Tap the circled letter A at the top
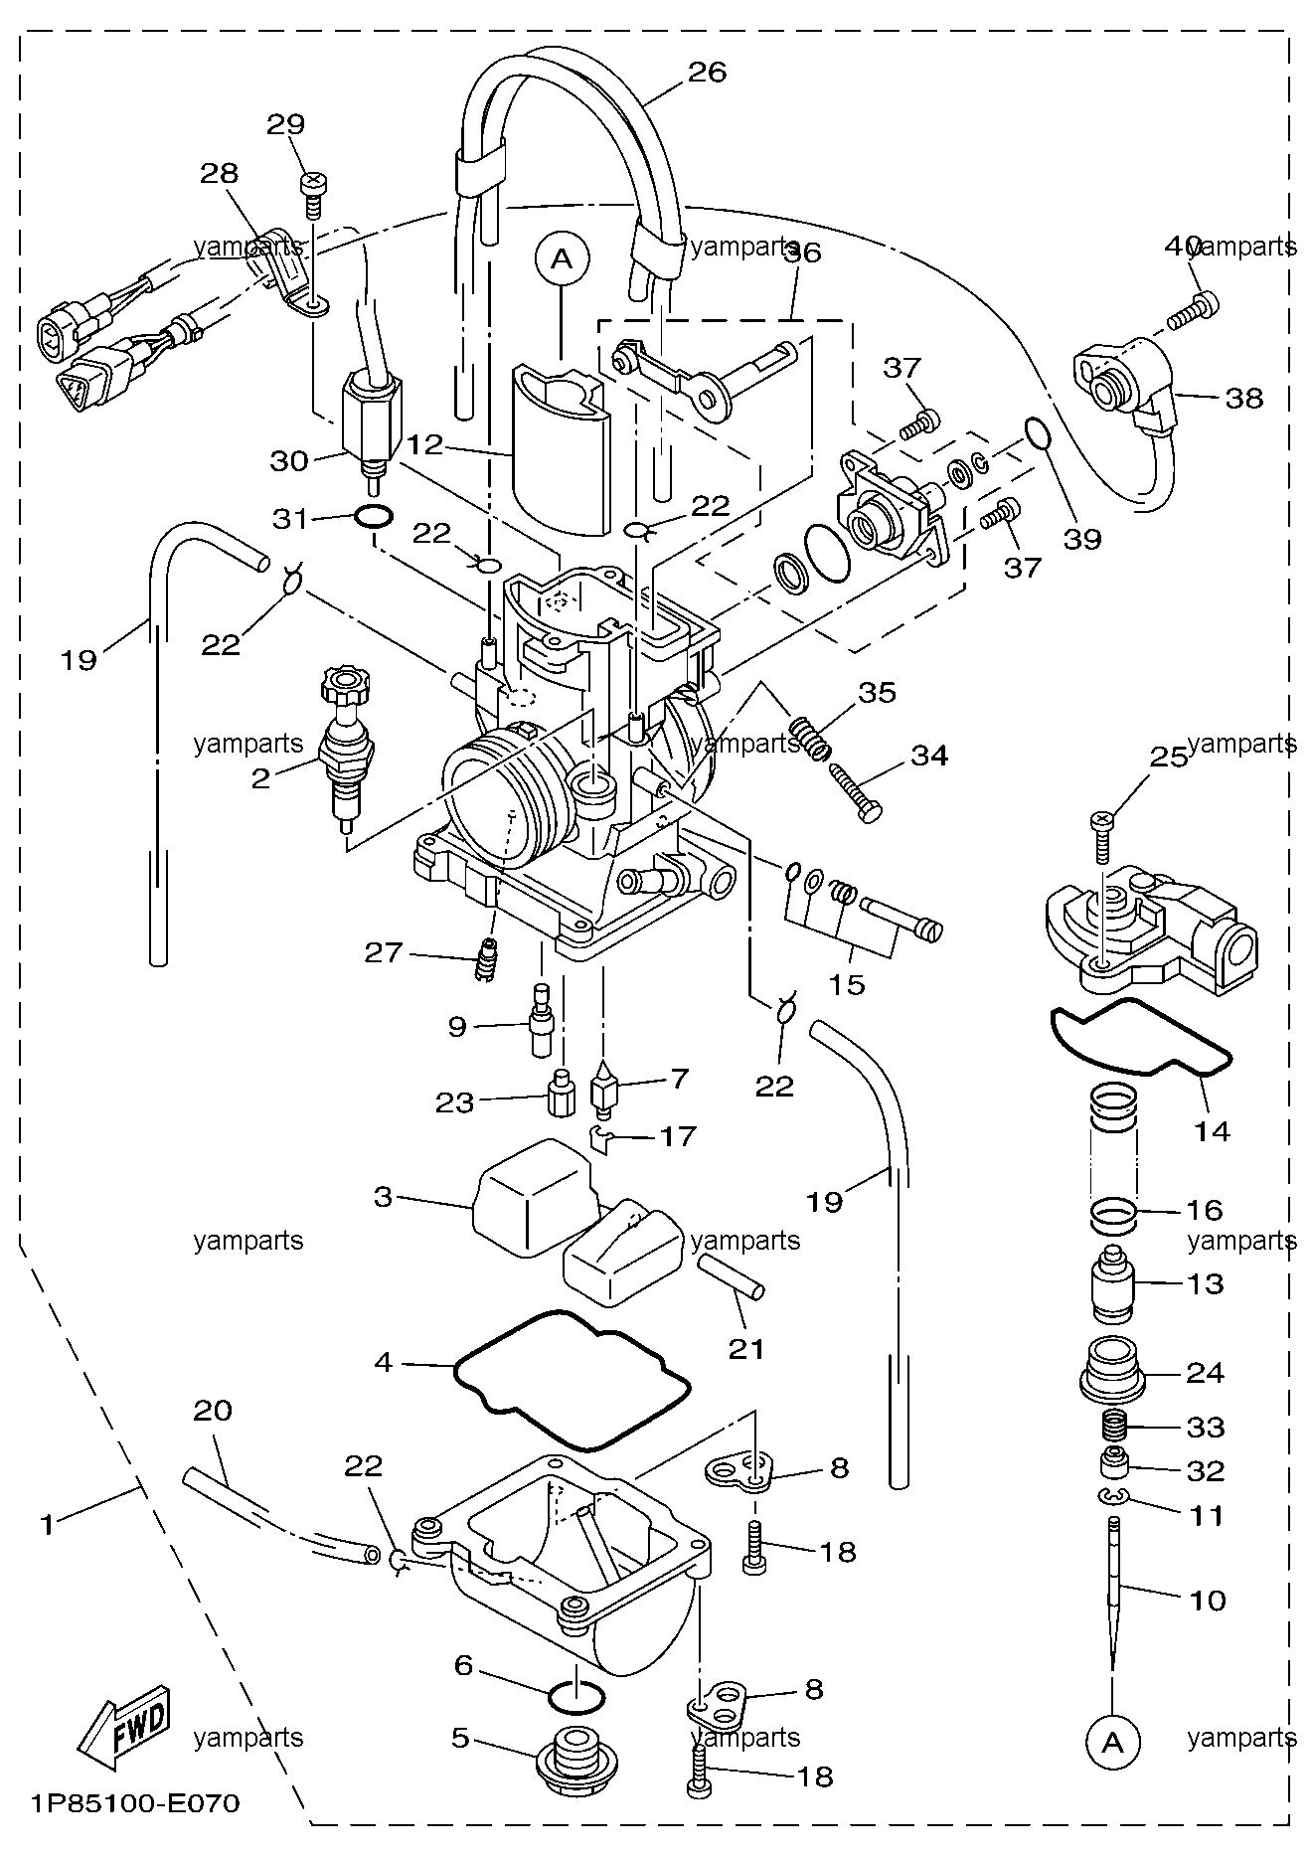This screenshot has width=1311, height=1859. point(562,259)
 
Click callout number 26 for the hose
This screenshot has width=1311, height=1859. point(707,72)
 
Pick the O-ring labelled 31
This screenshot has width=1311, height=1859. point(372,517)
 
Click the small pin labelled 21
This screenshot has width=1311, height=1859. point(731,1275)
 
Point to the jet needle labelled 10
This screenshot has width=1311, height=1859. point(1113,1605)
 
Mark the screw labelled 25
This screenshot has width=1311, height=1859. point(1100,833)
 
